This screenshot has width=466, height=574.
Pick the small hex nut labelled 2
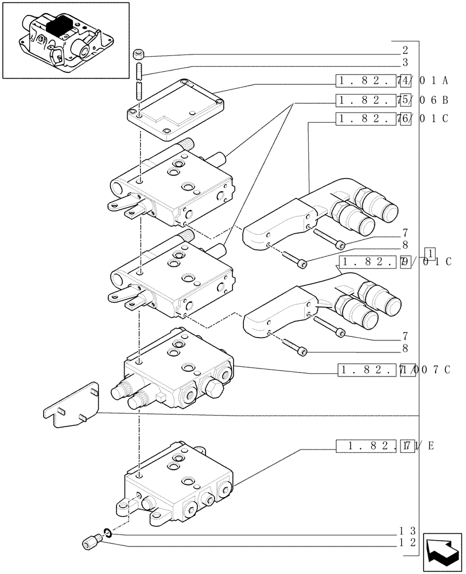tap(138, 55)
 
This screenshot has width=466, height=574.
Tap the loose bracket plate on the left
tap(71, 405)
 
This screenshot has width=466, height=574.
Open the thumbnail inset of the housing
tap(65, 40)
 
